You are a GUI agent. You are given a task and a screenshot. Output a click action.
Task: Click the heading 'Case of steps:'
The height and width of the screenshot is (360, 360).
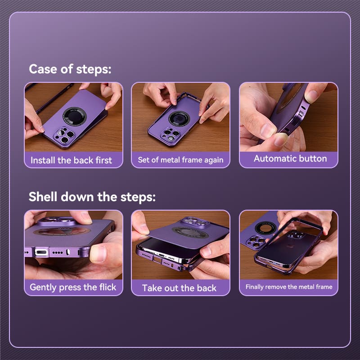pyautogui.click(x=70, y=69)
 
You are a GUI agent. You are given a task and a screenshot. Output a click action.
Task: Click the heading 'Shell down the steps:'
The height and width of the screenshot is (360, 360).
pyautogui.click(x=92, y=197)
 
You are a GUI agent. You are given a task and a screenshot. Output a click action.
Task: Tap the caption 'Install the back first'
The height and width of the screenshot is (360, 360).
pyautogui.click(x=71, y=160)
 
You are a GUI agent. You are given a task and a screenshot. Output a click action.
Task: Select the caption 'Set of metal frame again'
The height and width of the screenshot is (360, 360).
pyautogui.click(x=180, y=160)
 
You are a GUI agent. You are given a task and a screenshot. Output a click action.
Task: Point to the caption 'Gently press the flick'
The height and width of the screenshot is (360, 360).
pyautogui.click(x=73, y=287)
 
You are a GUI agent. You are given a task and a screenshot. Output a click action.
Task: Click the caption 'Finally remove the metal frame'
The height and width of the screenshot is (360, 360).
pyautogui.click(x=288, y=287)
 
